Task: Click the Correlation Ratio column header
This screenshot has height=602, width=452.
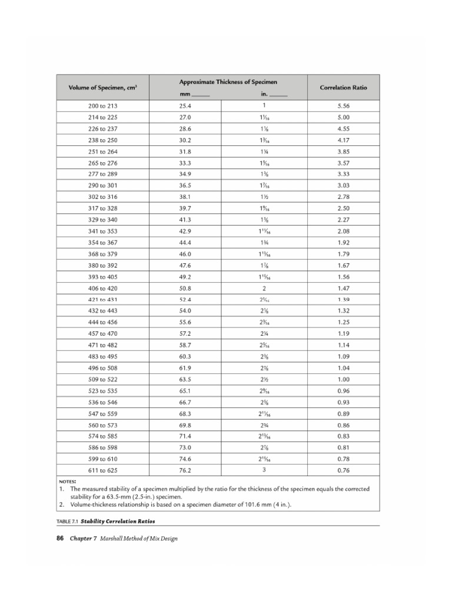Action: [343, 87]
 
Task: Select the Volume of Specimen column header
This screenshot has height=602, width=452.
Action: [103, 87]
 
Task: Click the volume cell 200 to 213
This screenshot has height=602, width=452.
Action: [103, 106]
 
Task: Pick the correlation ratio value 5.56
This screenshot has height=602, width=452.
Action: [344, 106]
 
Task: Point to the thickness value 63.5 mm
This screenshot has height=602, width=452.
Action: [185, 379]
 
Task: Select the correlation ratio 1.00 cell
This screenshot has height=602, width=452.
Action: [344, 379]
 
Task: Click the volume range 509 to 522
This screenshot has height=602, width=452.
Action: [103, 379]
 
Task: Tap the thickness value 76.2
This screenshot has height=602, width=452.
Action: [185, 470]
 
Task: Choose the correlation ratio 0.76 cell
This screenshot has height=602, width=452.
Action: [344, 470]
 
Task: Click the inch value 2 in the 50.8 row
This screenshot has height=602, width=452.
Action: [264, 288]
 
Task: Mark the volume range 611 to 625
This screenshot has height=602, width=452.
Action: [103, 470]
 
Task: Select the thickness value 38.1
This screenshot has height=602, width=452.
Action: [185, 197]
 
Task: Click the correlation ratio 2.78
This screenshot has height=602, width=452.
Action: [344, 197]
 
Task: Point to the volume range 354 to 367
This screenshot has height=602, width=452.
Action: [103, 242]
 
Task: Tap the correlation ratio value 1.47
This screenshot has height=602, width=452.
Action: [344, 288]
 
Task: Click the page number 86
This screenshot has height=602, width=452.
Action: [59, 538]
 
